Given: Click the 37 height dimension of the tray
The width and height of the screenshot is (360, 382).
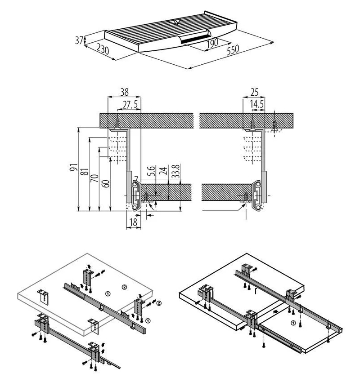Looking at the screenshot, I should (79, 40).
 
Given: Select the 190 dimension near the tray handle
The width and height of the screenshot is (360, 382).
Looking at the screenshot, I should (211, 43).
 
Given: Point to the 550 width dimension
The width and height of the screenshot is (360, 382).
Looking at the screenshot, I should (233, 50).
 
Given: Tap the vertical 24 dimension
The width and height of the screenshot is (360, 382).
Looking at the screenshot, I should (164, 171).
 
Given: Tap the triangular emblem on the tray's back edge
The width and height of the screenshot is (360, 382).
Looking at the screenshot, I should (174, 21).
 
